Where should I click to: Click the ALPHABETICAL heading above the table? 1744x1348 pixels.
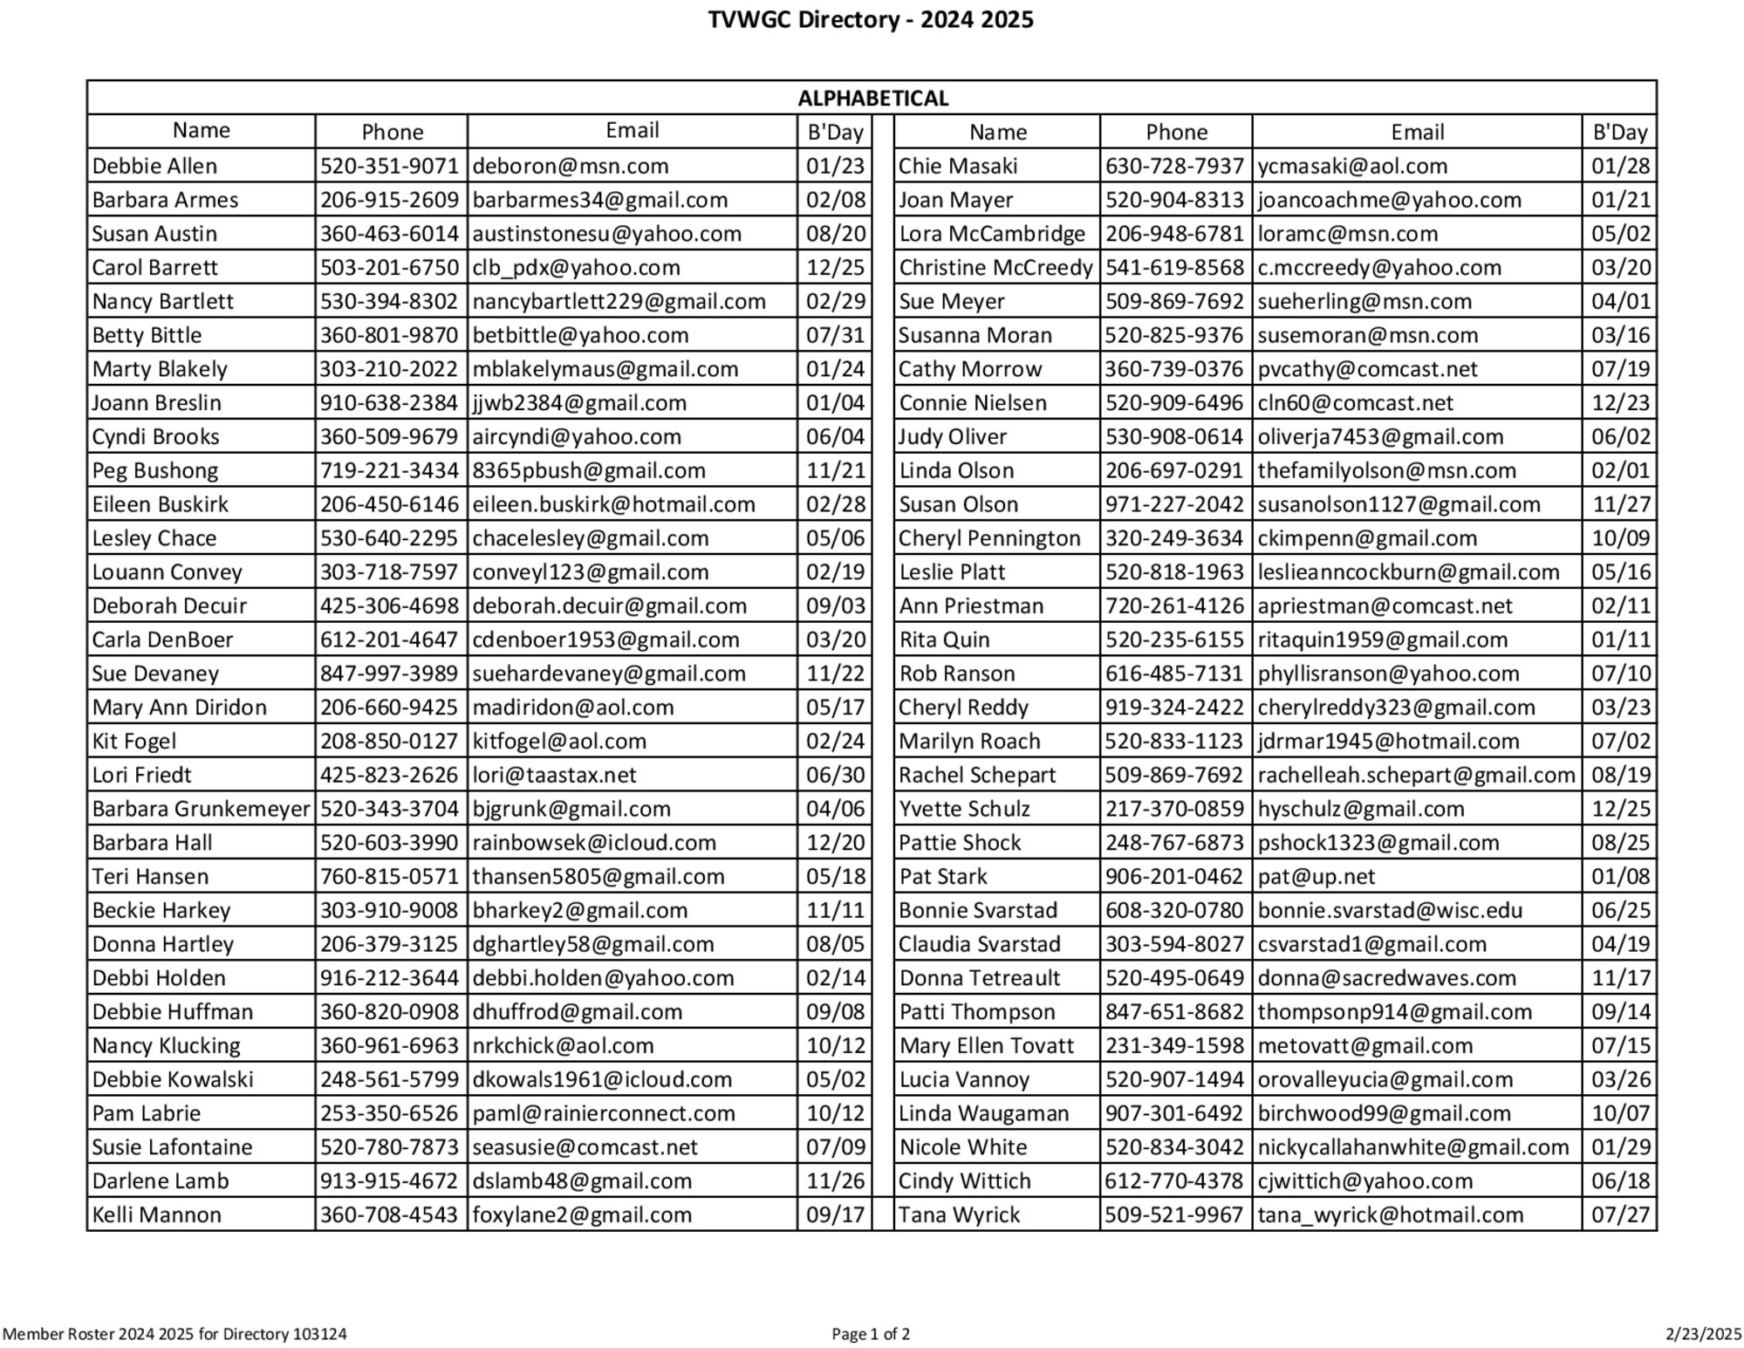click(872, 98)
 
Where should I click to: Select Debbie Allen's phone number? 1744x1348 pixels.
click(389, 166)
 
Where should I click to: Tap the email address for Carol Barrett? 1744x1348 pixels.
click(576, 268)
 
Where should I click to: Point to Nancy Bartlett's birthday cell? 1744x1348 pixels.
click(835, 302)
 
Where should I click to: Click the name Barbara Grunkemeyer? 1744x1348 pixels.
click(201, 809)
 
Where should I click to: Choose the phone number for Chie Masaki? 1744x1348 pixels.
click(1174, 166)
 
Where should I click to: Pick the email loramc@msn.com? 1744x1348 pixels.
click(1347, 234)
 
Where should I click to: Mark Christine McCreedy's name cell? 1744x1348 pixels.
click(995, 268)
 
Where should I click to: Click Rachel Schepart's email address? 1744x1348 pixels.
click(1416, 775)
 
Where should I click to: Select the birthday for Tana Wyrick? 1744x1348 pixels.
click(1620, 1215)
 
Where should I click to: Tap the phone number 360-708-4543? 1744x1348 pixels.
click(389, 1215)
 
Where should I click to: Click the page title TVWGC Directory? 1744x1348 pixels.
click(870, 19)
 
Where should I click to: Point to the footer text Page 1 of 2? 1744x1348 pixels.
click(871, 1333)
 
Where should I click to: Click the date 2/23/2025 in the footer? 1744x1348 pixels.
click(1703, 1333)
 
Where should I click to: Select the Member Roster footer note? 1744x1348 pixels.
click(174, 1333)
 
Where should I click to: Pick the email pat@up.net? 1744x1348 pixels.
click(1316, 877)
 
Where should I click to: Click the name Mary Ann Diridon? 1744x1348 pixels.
click(180, 708)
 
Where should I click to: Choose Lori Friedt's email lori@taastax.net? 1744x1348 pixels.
click(554, 775)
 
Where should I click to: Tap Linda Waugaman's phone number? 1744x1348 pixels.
click(1174, 1113)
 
